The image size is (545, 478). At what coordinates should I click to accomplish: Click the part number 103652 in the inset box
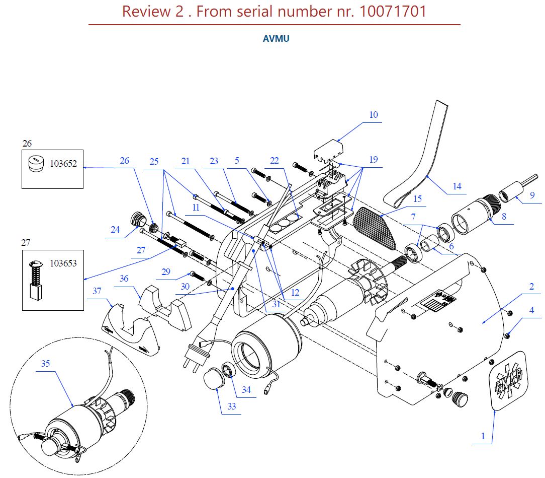(x=63, y=164)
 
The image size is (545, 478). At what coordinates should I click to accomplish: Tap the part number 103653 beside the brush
(x=63, y=263)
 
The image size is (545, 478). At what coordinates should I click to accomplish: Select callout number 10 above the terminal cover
(x=373, y=115)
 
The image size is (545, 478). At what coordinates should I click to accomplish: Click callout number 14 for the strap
(x=457, y=186)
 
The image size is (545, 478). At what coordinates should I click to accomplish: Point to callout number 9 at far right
(x=532, y=194)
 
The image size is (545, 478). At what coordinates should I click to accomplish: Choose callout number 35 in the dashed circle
(x=45, y=363)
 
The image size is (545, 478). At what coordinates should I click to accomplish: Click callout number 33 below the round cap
(x=231, y=406)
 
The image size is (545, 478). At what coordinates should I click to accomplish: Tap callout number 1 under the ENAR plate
(x=483, y=436)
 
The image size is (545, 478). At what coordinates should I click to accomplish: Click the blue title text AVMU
(x=276, y=39)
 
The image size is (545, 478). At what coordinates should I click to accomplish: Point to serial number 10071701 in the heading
(x=393, y=11)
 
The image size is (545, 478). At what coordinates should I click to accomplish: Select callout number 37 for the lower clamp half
(x=97, y=291)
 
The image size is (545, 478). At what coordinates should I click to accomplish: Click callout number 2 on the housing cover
(x=531, y=287)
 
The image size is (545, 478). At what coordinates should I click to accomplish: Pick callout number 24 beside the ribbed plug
(x=116, y=229)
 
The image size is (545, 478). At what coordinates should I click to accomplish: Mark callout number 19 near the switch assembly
(x=373, y=159)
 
